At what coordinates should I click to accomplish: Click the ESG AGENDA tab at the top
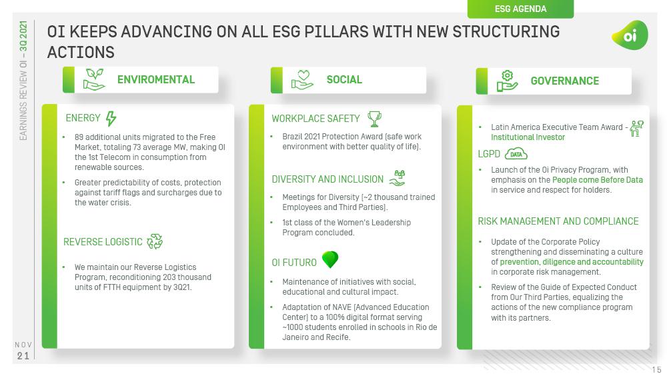[x=520, y=9]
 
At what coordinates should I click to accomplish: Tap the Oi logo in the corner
[x=630, y=35]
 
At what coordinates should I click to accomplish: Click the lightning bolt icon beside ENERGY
[x=111, y=119]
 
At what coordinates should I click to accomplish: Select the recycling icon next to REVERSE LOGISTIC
[x=155, y=241]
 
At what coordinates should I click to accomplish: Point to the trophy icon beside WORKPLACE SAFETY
[x=375, y=119]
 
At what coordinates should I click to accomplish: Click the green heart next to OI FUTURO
[x=329, y=259]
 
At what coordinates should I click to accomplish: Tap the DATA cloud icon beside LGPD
[x=516, y=154]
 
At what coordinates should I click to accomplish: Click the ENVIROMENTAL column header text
[x=155, y=80]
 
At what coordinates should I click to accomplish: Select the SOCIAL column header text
[x=344, y=80]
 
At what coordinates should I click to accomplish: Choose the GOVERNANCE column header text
[x=564, y=81]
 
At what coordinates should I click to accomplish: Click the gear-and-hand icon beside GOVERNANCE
[x=508, y=81]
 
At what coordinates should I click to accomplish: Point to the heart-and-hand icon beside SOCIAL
[x=302, y=80]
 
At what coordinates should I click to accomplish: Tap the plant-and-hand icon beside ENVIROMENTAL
[x=94, y=80]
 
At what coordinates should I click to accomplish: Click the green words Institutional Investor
[x=528, y=137]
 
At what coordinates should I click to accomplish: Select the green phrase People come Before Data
[x=598, y=180]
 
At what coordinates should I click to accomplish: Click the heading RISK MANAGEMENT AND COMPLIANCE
[x=558, y=221]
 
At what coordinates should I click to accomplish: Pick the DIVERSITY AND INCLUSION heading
[x=327, y=179]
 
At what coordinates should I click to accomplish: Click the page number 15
[x=656, y=369]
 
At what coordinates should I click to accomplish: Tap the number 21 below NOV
[x=23, y=356]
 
